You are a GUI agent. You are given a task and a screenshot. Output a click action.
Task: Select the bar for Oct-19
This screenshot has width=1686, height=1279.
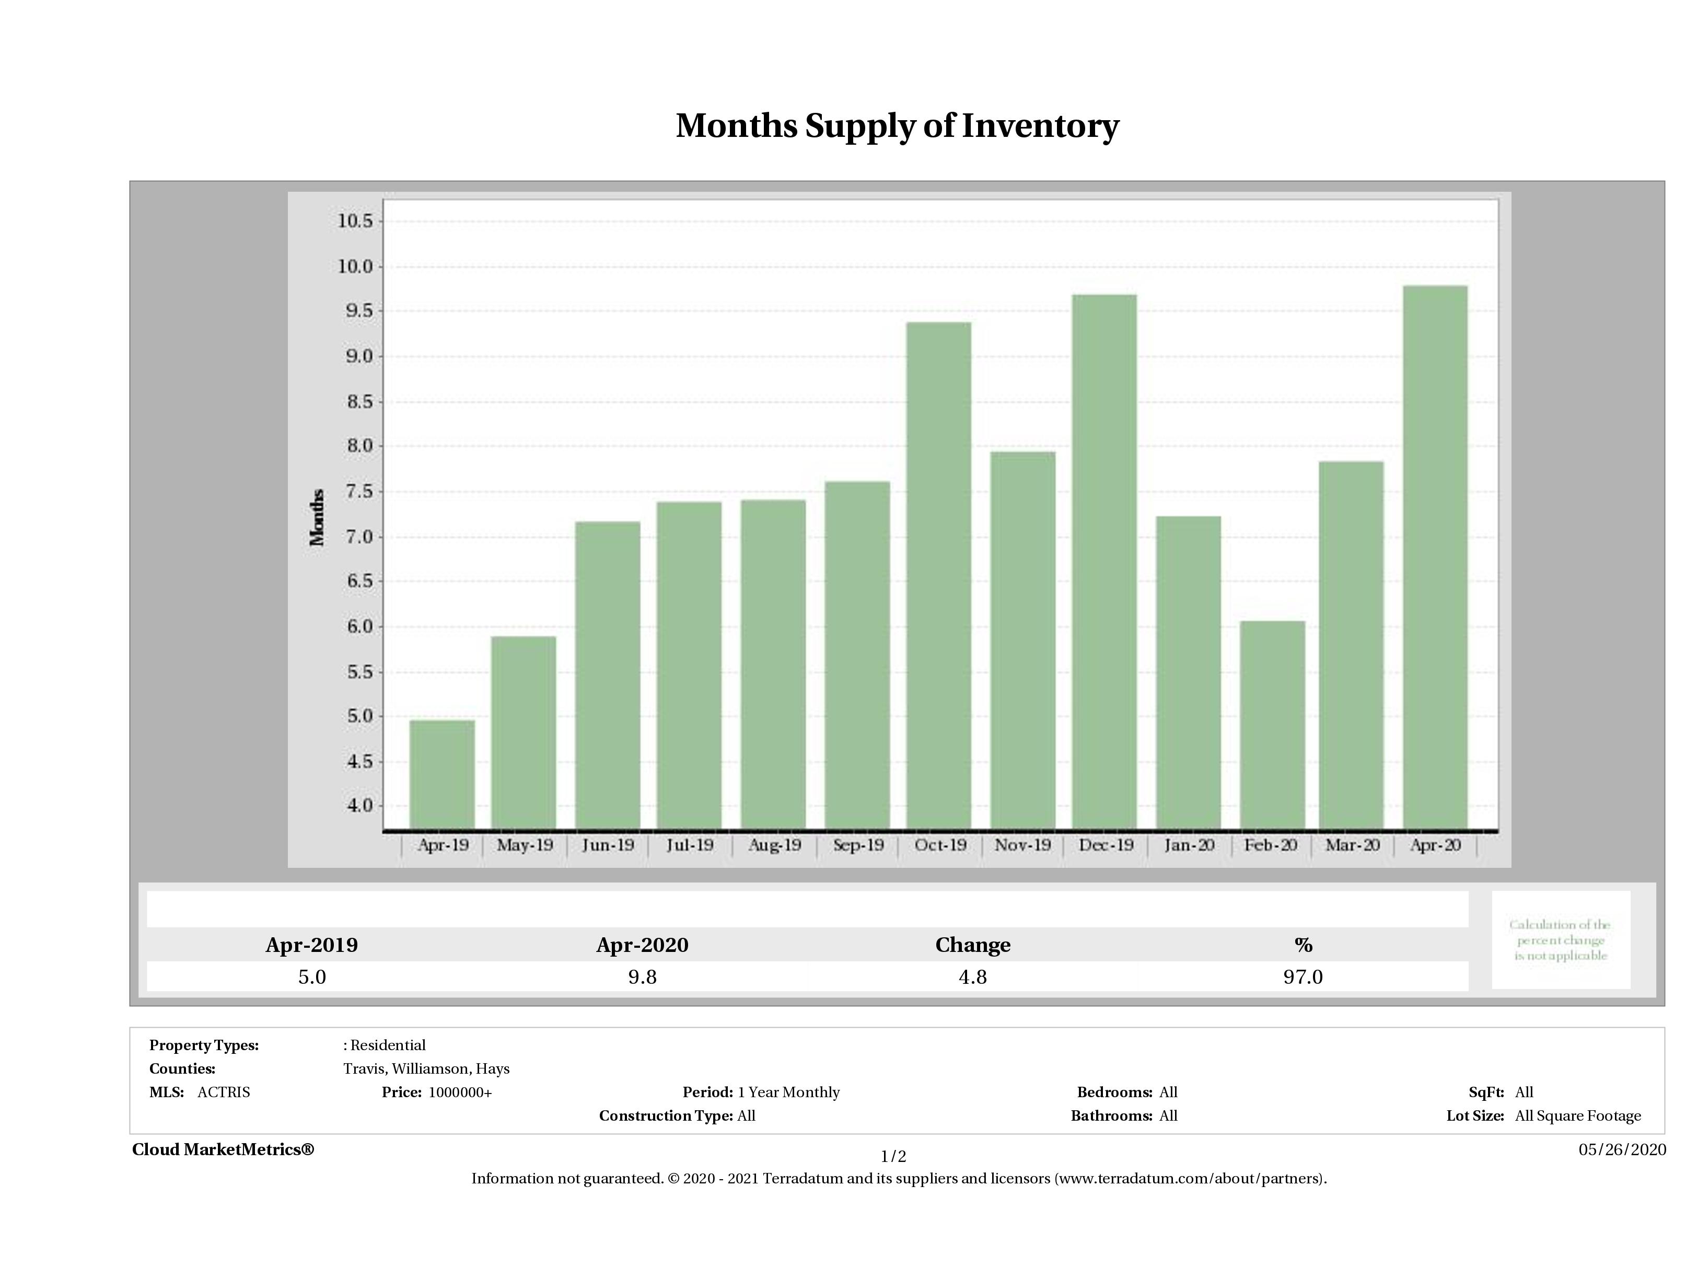[938, 575]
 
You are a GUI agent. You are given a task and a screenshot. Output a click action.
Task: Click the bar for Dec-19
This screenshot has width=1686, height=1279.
[1104, 562]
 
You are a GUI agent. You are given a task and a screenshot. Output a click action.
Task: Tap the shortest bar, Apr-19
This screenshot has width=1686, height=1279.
[442, 774]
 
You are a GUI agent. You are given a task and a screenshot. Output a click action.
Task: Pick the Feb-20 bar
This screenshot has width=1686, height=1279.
[1272, 724]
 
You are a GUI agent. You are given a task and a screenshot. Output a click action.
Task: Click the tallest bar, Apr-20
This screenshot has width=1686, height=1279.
[1435, 556]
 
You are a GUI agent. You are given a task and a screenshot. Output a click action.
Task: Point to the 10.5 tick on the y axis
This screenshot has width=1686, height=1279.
[355, 221]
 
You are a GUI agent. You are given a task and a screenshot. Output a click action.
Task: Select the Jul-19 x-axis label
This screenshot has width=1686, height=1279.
[690, 845]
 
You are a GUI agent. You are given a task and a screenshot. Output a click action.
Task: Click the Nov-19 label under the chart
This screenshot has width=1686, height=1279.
[1022, 845]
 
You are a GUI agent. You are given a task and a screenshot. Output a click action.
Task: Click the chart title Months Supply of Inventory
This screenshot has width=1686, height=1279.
[897, 126]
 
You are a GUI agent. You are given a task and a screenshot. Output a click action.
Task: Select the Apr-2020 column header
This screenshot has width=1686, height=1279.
[642, 945]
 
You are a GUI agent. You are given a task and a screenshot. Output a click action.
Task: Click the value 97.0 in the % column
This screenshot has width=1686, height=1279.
[1303, 977]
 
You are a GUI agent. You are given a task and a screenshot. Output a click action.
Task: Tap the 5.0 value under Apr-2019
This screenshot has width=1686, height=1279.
[312, 977]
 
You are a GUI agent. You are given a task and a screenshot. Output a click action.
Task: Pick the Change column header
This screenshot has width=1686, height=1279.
[973, 945]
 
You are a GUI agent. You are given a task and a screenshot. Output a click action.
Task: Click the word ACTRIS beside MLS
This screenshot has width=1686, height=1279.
[223, 1092]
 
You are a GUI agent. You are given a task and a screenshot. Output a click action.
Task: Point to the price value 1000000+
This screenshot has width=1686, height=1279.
[460, 1092]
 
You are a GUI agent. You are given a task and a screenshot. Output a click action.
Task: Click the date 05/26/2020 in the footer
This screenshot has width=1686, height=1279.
[1622, 1149]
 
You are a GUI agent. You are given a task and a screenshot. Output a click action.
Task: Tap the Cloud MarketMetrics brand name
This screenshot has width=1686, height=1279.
[223, 1149]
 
